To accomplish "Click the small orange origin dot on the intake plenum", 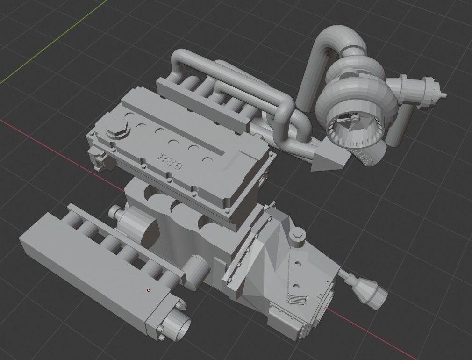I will [x=149, y=290].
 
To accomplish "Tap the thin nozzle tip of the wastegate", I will [x=443, y=94].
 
